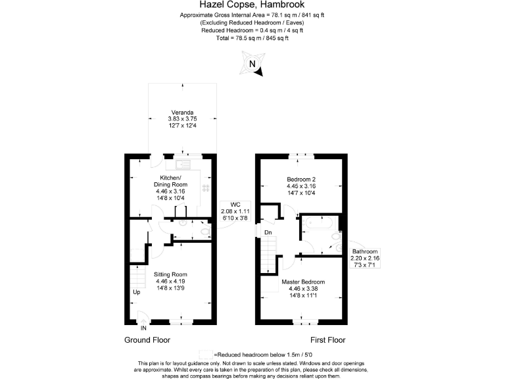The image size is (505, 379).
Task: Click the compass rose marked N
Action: (252, 65)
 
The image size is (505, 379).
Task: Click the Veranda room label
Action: (181, 112)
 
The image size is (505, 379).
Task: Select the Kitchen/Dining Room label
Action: (171, 182)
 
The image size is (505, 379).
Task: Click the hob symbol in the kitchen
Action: (205, 188)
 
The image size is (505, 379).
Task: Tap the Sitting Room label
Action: (171, 274)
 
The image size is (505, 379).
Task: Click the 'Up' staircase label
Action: (137, 292)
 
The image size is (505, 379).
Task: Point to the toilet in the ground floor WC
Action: (204, 232)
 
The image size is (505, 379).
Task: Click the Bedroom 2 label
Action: (302, 179)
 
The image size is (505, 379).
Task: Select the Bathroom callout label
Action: (364, 252)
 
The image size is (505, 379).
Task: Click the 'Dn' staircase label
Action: (268, 232)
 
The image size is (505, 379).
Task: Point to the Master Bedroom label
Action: (303, 283)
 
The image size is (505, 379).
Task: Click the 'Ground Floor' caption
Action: (147, 340)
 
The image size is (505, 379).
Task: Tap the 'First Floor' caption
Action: (327, 340)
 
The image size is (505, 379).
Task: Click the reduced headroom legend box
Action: (207, 355)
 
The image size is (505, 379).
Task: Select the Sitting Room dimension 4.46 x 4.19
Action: (171, 282)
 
